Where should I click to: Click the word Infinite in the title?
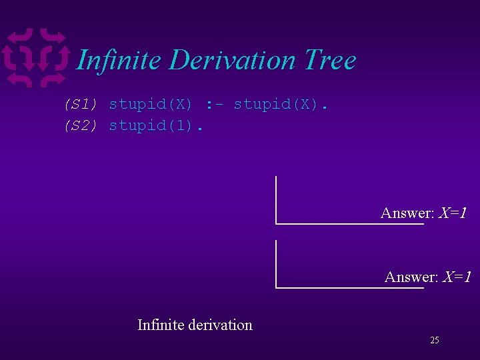119,60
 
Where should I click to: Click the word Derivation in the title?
233,60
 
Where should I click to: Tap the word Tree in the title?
330,60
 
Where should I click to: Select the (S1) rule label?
81,104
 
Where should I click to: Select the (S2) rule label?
81,125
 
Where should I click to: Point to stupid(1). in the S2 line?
155,125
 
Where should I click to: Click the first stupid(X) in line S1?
151,104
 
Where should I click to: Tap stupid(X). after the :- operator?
281,104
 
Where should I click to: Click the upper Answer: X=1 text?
423,213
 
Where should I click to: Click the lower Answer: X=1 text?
427,277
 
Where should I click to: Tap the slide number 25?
435,341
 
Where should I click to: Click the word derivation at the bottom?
221,325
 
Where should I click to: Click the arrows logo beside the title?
36,59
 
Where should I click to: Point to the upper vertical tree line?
276,199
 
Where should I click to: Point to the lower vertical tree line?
276,263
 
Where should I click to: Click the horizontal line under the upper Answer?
350,224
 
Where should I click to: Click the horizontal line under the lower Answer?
350,288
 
